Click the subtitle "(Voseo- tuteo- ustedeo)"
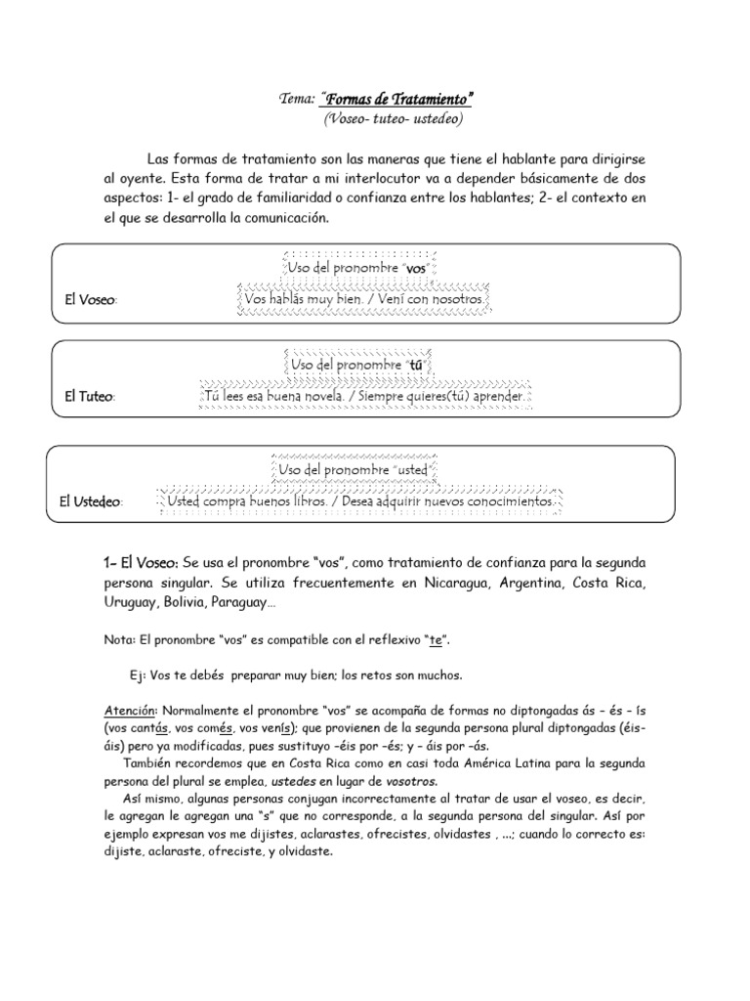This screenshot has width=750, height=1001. (394, 118)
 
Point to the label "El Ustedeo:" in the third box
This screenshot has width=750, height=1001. (91, 501)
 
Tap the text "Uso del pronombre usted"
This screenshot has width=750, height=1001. (354, 470)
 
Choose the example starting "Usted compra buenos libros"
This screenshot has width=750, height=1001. (361, 501)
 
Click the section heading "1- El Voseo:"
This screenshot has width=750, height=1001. (141, 564)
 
